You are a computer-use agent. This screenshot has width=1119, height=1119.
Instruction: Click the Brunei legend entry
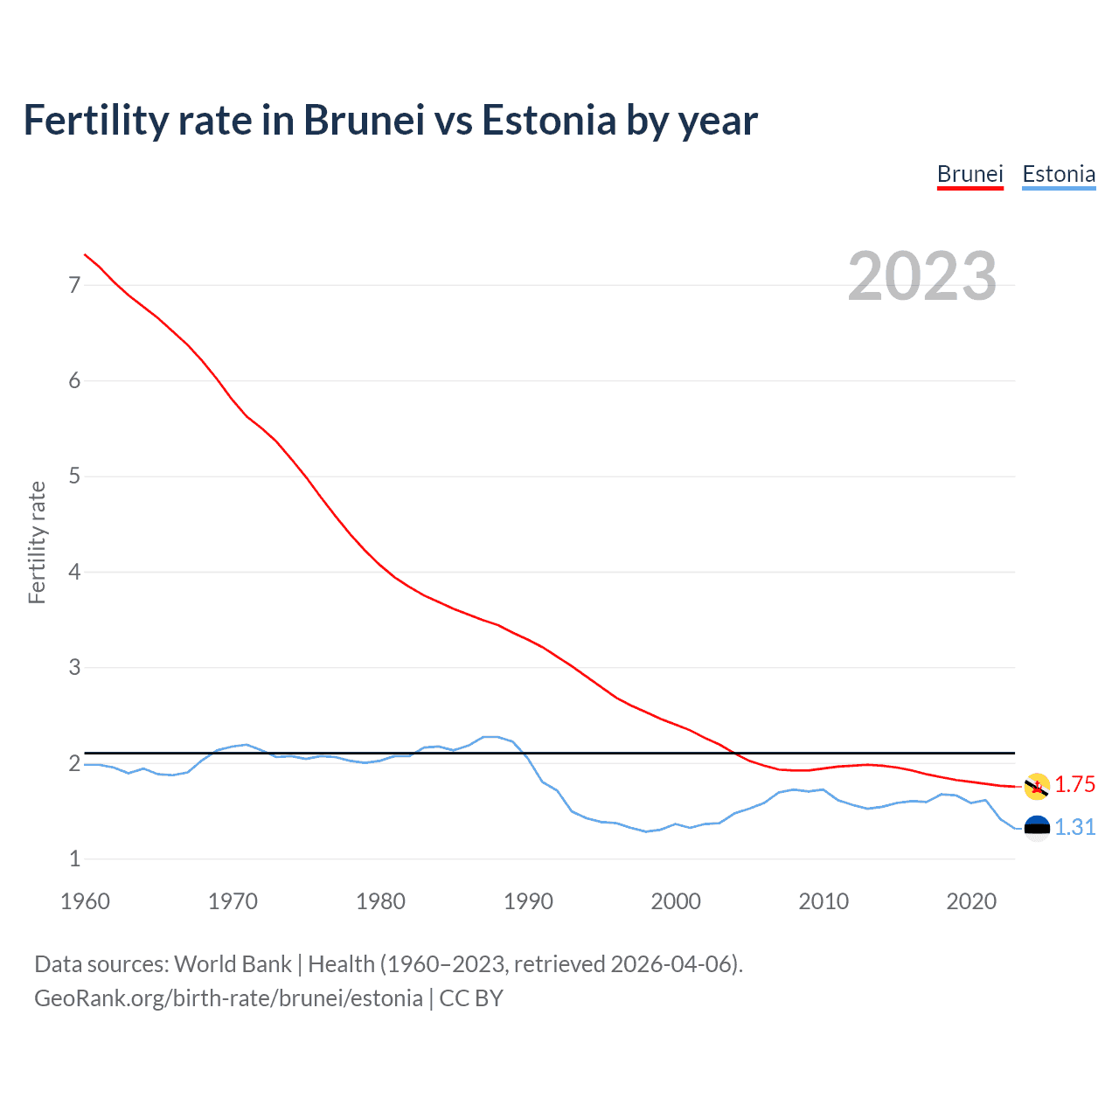[970, 174]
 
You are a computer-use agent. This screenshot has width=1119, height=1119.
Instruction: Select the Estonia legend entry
[1059, 174]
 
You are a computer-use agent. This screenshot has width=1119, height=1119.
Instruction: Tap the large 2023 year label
[921, 276]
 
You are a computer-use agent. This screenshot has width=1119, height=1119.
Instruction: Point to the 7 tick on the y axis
[74, 285]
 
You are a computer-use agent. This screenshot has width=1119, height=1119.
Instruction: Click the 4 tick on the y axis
[74, 572]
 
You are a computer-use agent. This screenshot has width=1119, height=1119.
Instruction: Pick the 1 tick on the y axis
[74, 858]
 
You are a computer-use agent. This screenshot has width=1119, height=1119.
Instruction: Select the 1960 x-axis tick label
[85, 901]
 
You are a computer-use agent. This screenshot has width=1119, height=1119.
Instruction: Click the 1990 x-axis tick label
[528, 901]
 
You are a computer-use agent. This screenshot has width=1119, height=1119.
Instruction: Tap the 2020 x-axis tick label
[971, 901]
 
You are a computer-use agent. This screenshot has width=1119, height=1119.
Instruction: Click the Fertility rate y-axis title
[37, 542]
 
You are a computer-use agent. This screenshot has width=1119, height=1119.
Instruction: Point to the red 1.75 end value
[1074, 784]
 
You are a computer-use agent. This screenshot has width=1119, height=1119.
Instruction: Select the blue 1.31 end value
[1074, 827]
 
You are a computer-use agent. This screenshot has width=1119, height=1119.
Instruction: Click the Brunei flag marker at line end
[1037, 786]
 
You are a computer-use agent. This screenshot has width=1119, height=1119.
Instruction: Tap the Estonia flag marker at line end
[1037, 828]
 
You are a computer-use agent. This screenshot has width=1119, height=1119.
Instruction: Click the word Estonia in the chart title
[549, 120]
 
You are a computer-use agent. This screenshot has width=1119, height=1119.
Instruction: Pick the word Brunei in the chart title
[364, 120]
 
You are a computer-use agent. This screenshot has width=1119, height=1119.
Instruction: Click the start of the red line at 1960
[85, 254]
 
